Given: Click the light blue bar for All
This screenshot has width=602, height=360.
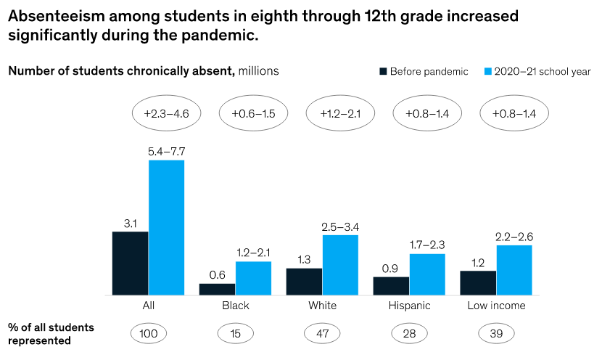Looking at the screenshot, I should tap(166, 227).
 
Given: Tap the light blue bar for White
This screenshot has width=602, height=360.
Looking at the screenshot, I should tap(340, 264).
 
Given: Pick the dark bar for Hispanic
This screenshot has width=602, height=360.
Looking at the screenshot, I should tap(392, 285).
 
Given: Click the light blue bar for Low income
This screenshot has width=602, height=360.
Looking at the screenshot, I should tap(514, 269).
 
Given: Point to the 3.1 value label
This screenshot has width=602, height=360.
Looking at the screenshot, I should tap(131, 224).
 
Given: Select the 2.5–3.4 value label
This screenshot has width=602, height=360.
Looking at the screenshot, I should tap(340, 227).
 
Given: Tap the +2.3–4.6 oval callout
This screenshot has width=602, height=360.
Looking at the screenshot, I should tap(166, 113).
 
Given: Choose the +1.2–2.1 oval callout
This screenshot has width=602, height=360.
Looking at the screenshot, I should tap(340, 113).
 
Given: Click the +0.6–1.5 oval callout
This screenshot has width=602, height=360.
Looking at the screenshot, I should tap(253, 113).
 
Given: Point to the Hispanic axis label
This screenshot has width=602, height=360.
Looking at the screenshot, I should tap(410, 306).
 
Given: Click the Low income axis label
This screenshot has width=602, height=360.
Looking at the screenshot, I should tap(497, 306).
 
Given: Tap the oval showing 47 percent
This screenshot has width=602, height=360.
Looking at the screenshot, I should tap(323, 333).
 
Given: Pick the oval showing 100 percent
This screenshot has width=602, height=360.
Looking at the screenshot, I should tap(148, 333).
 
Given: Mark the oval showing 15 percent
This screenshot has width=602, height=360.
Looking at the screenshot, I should tap(236, 333).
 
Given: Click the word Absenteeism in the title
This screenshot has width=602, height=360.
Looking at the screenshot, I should tap(53, 15).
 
